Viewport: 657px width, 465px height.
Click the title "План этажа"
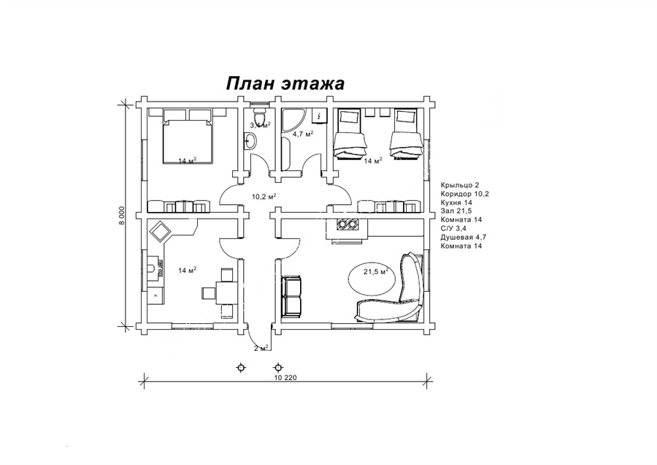click(285, 83)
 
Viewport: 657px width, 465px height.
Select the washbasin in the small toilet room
click(250, 141)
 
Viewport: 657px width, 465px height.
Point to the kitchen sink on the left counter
click(154, 268)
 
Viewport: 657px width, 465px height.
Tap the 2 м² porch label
click(261, 348)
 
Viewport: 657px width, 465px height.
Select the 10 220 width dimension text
click(285, 378)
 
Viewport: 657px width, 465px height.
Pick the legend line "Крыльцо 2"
click(459, 185)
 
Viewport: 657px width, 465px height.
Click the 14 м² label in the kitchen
click(188, 271)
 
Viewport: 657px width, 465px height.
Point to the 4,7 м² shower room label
click(303, 134)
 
